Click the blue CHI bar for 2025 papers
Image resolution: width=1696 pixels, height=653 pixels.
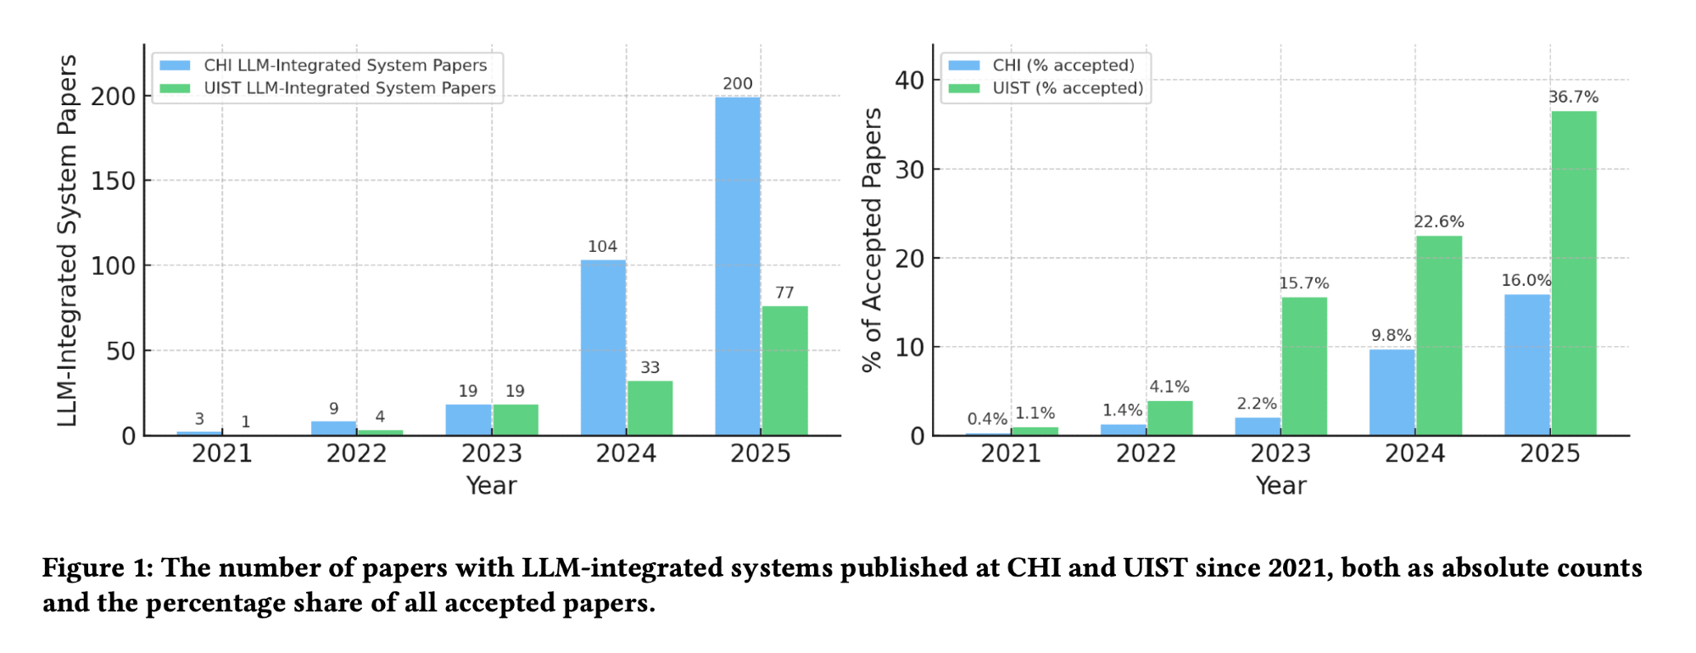click(x=737, y=266)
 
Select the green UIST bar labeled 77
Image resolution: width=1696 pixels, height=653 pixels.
click(x=784, y=371)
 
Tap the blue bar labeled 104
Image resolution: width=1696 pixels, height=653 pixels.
click(x=603, y=348)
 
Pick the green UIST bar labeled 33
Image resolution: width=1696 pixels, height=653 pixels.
click(x=650, y=408)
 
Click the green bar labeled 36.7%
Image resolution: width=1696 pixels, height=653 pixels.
click(x=1574, y=273)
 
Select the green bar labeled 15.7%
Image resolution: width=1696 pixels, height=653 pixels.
click(x=1304, y=366)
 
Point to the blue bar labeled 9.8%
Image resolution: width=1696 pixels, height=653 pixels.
click(x=1392, y=392)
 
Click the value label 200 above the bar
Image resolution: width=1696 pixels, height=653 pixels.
click(x=737, y=84)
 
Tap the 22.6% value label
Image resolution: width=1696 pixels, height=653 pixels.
click(x=1439, y=221)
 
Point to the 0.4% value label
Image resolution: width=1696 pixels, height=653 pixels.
click(x=987, y=419)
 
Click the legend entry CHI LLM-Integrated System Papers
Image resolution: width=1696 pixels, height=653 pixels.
click(x=345, y=65)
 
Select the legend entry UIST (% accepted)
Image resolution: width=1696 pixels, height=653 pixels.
click(x=1068, y=88)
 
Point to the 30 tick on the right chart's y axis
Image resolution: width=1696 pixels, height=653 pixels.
click(x=909, y=170)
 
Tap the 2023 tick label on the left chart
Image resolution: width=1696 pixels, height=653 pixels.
click(x=491, y=454)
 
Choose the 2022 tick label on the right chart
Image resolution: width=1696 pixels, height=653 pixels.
click(x=1146, y=454)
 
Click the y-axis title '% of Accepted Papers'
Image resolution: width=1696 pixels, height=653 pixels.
click(x=872, y=240)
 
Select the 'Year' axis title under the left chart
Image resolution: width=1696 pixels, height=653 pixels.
click(x=491, y=486)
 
